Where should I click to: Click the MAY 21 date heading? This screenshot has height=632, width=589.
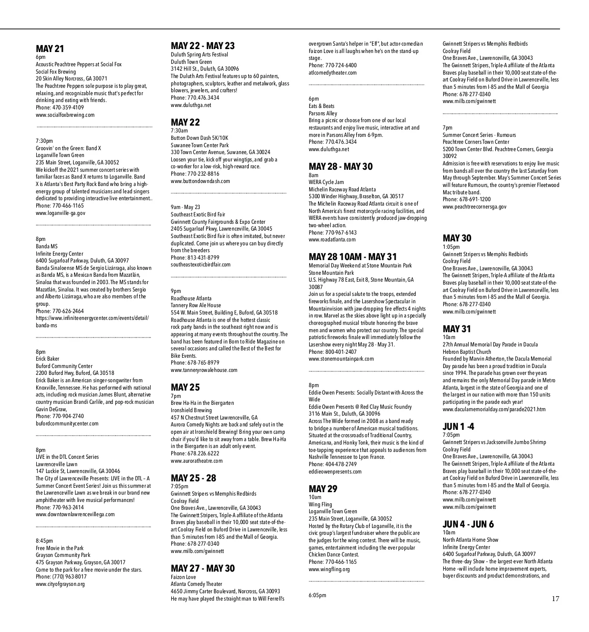[x=50, y=49]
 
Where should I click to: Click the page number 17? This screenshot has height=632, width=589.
[x=555, y=599]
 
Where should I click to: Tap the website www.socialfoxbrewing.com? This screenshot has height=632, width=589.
[x=65, y=115]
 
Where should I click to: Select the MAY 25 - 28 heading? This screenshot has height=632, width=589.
[x=193, y=478]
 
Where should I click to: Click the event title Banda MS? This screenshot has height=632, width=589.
[x=47, y=246]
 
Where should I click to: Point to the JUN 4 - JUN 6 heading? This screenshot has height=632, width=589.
[x=468, y=524]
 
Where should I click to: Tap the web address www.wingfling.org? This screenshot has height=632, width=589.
[x=329, y=569]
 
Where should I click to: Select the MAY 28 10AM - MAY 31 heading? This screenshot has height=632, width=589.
[x=352, y=257]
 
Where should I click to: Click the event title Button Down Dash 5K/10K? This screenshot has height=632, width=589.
[x=199, y=138]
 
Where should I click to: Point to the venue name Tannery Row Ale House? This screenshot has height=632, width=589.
[x=195, y=305]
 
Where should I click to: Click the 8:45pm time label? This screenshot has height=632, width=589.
[x=45, y=541]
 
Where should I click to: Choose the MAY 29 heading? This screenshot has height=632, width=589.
[x=323, y=489]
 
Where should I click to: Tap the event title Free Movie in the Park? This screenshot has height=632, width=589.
[x=59, y=548]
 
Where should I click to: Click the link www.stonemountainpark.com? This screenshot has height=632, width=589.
[x=341, y=359]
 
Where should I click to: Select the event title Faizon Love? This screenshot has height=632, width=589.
[x=183, y=577]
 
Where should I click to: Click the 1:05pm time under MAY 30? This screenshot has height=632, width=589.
[x=451, y=247]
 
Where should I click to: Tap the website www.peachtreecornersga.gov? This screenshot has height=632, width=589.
[x=474, y=207]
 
